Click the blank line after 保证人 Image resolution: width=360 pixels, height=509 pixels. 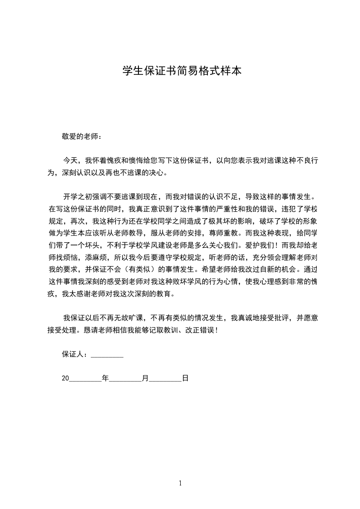tap(107, 355)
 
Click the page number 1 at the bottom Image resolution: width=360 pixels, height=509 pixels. tap(180, 483)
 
